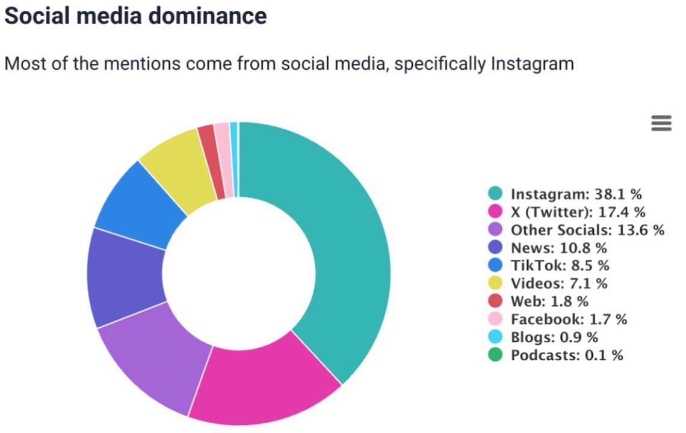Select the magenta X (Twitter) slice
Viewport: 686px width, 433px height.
coord(265,379)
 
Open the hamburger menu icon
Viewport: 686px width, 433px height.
coord(661,123)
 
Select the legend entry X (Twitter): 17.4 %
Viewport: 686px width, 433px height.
coord(578,212)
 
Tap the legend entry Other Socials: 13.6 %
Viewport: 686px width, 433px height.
coord(587,230)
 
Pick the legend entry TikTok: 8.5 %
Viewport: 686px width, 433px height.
coord(560,265)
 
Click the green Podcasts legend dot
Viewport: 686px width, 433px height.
coord(495,355)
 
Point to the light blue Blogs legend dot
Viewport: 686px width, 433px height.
coord(495,337)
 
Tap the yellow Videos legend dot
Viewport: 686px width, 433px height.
coord(495,283)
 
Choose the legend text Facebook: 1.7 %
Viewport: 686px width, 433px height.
coord(569,319)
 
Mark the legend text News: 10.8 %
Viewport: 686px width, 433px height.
coord(559,248)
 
